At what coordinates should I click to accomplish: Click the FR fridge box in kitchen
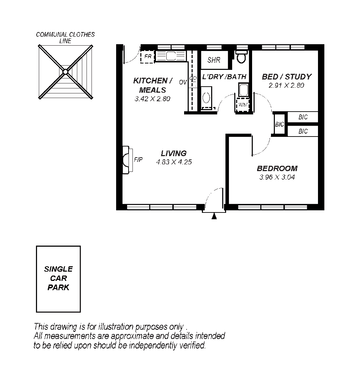pyautogui.click(x=147, y=57)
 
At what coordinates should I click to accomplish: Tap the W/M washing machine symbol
pyautogui.click(x=243, y=105)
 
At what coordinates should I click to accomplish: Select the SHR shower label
pyautogui.click(x=214, y=60)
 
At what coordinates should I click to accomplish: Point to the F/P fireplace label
pyautogui.click(x=138, y=160)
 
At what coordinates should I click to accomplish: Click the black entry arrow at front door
pyautogui.click(x=214, y=216)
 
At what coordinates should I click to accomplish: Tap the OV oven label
pyautogui.click(x=183, y=82)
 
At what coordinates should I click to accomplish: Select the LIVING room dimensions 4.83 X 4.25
pyautogui.click(x=174, y=162)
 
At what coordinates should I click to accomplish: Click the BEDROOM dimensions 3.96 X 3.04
pyautogui.click(x=277, y=177)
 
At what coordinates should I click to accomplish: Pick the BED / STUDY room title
pyautogui.click(x=286, y=77)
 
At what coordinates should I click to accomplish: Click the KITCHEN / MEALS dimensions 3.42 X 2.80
pyautogui.click(x=152, y=99)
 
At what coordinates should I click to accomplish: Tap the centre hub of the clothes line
pyautogui.click(x=66, y=72)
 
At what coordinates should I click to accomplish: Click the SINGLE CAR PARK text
pyautogui.click(x=58, y=278)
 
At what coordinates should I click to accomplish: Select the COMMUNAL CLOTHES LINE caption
pyautogui.click(x=66, y=37)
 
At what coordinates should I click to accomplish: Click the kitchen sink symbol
pyautogui.click(x=171, y=56)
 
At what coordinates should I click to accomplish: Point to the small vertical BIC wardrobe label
pyautogui.click(x=280, y=124)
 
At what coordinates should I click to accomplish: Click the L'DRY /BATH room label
pyautogui.click(x=224, y=77)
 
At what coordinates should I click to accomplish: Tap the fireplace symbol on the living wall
pyautogui.click(x=125, y=160)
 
